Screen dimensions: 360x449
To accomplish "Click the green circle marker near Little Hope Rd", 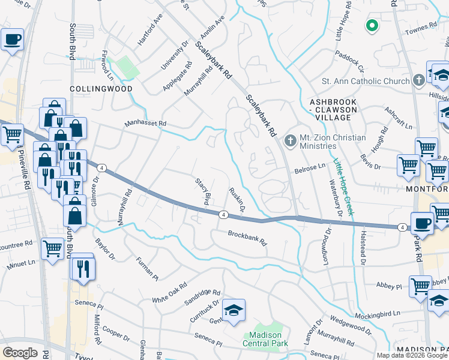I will pos(372,26).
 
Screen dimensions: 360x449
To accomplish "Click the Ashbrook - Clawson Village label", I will pos(333,106).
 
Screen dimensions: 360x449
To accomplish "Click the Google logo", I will pos(20,352).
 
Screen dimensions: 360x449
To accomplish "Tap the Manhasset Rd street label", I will pos(145,124).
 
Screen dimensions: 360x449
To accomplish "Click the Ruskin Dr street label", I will pos(237,200).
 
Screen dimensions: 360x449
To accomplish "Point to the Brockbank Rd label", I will pos(247,238).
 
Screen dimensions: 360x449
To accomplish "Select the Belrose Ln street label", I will pos(310,170).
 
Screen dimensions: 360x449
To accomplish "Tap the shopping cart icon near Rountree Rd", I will pos(53,247).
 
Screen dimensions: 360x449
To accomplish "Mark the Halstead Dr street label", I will pos(362,248).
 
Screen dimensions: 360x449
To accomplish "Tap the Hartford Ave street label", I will pos(150,30).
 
